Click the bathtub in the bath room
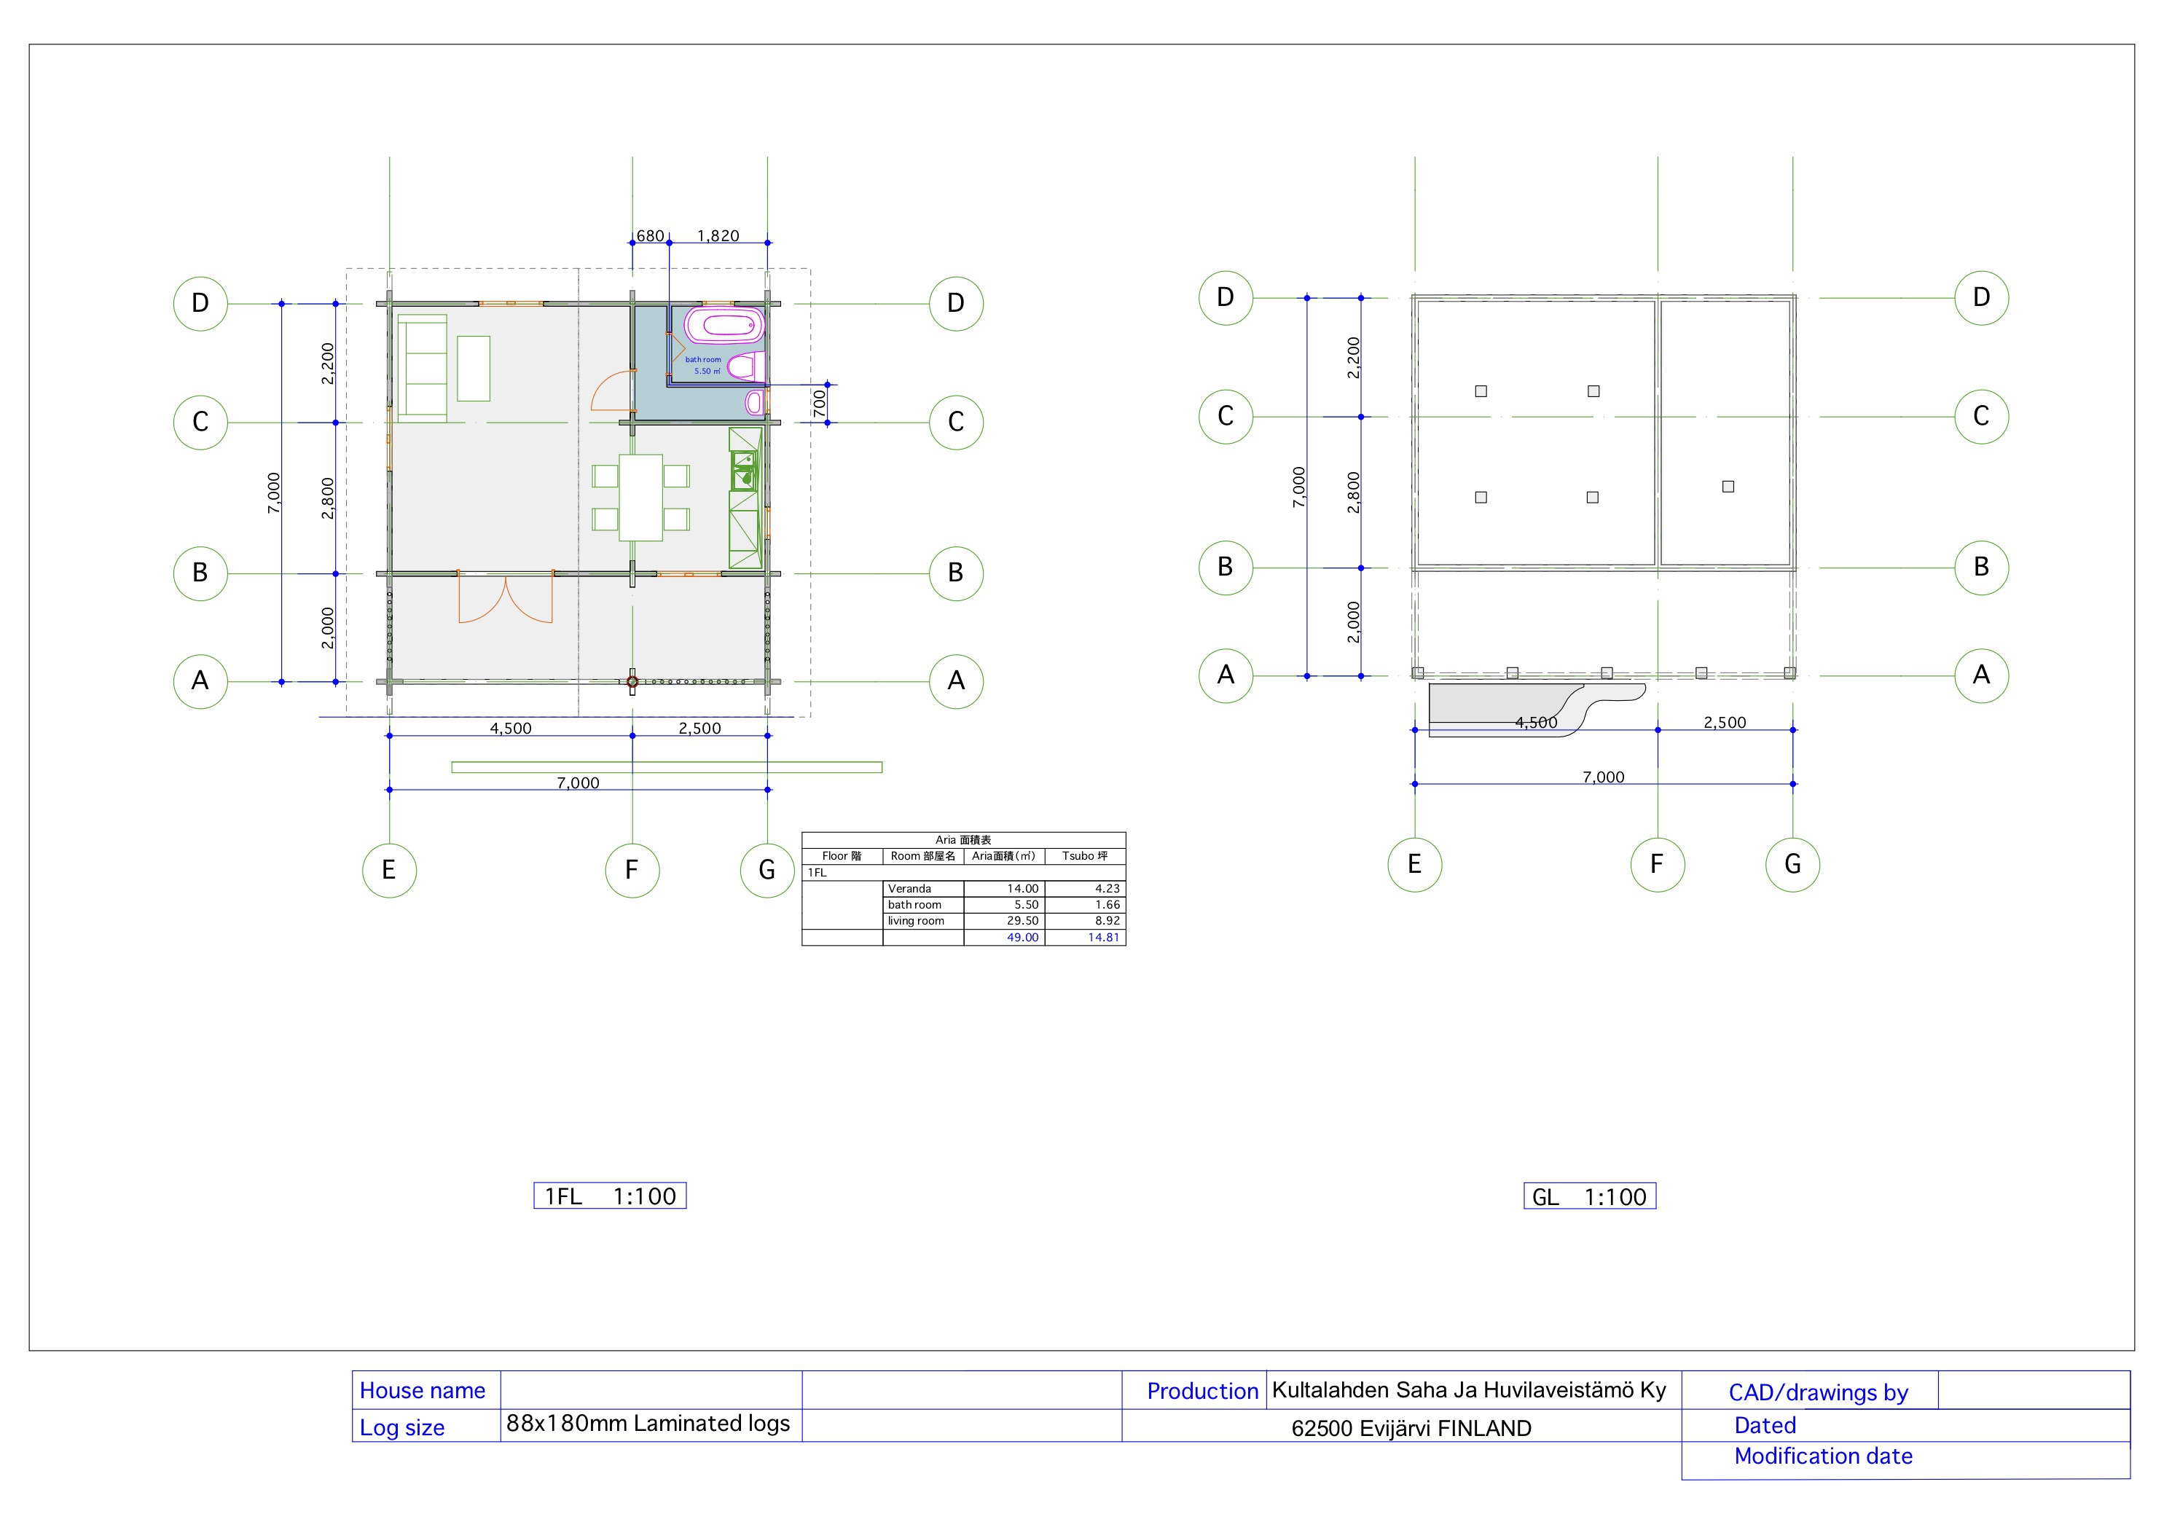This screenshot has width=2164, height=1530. coord(724,325)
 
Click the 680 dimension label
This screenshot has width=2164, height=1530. coord(651,235)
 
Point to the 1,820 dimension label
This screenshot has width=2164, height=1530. coord(718,235)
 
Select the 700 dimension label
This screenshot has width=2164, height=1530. coord(820,404)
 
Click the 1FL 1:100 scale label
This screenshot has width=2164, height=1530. coord(610,1196)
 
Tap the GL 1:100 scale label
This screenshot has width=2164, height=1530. coord(1589,1196)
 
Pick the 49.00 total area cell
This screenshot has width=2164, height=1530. coord(1023,937)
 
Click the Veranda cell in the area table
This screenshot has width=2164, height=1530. coord(909,888)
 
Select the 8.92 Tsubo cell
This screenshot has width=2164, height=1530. coord(1108,921)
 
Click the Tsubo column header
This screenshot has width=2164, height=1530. coord(1085,856)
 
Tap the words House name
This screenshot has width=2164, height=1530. coord(423,1391)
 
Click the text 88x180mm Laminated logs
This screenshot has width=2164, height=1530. coord(648,1424)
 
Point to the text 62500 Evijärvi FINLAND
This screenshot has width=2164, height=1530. coord(1411,1428)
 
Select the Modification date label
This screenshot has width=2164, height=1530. coord(1823,1456)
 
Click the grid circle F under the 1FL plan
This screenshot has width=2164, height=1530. coord(632,870)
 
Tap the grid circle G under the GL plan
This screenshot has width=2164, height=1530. coord(1792,865)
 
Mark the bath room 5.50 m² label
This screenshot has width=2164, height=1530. coord(704,366)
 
